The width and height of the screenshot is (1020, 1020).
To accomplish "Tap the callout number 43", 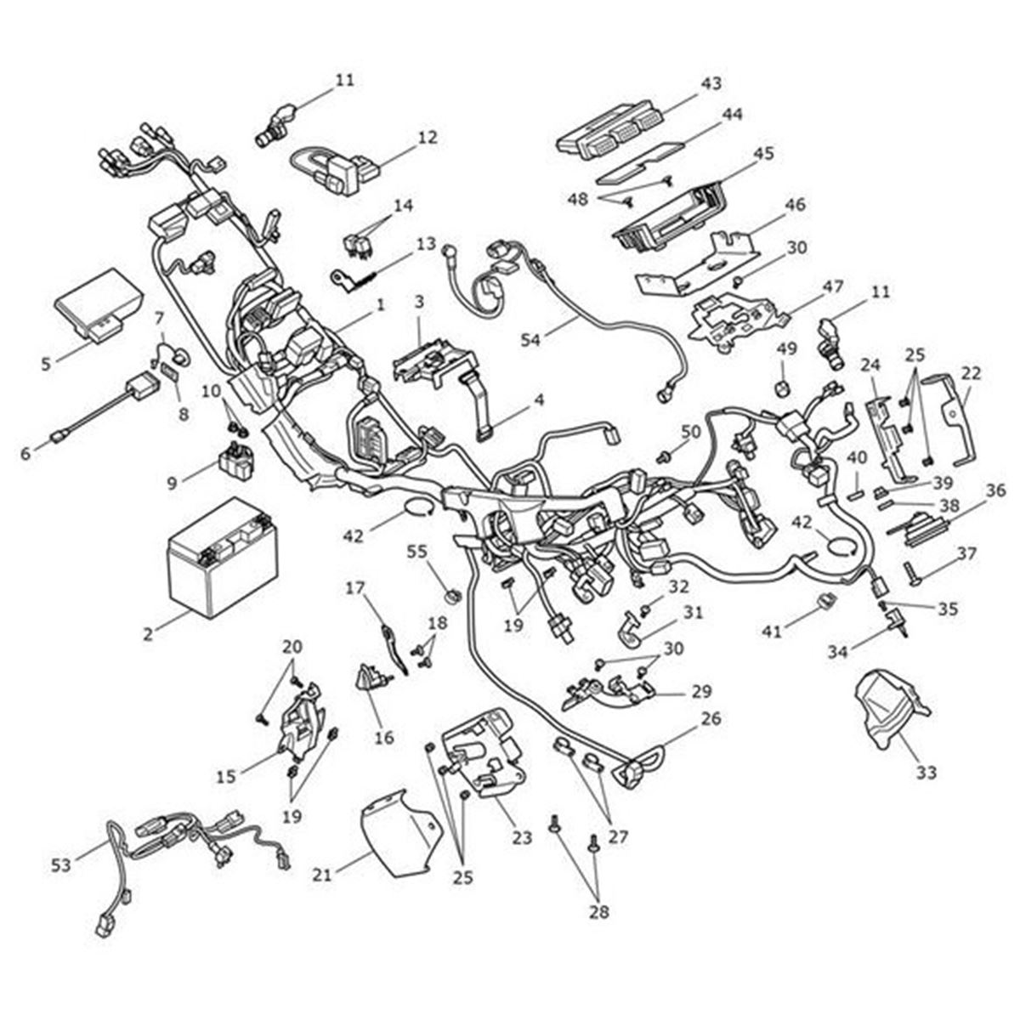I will coord(711,84).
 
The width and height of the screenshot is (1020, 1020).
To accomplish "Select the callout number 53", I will coord(61,866).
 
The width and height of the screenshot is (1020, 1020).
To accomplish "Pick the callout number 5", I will coord(45,364).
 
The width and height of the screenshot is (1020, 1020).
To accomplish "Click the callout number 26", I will coord(711,719).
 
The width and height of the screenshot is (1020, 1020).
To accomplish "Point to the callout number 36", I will coord(996,490).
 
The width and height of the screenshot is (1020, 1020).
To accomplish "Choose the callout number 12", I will coord(427,136).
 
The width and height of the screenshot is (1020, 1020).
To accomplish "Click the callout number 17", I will coord(355,586).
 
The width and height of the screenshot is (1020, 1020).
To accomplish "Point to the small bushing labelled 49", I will coord(785,388).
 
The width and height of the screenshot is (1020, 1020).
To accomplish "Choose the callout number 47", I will coord(833,286).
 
